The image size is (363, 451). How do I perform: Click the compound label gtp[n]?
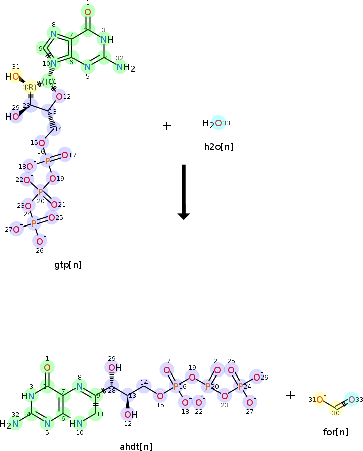68,265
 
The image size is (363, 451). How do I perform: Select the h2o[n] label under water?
219,147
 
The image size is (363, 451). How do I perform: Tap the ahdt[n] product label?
136,446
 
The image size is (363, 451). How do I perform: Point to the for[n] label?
336,432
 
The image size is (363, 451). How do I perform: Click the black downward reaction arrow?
184,191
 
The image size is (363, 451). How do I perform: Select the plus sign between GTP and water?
167,126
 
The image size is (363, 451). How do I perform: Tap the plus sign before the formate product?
291,395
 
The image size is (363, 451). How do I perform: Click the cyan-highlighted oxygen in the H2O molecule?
218,123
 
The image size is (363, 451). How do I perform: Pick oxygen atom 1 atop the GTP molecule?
88,12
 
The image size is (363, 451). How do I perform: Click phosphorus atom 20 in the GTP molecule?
41,192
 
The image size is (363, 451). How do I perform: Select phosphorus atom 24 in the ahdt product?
240,386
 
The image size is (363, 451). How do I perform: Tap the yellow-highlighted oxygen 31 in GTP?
16,77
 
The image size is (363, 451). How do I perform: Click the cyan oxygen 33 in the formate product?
351,399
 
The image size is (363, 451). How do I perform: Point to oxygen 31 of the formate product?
319,400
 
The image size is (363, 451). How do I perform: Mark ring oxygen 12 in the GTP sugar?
59,96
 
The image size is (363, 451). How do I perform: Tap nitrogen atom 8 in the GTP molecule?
54,34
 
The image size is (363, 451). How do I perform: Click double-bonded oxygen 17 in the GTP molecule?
64,155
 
